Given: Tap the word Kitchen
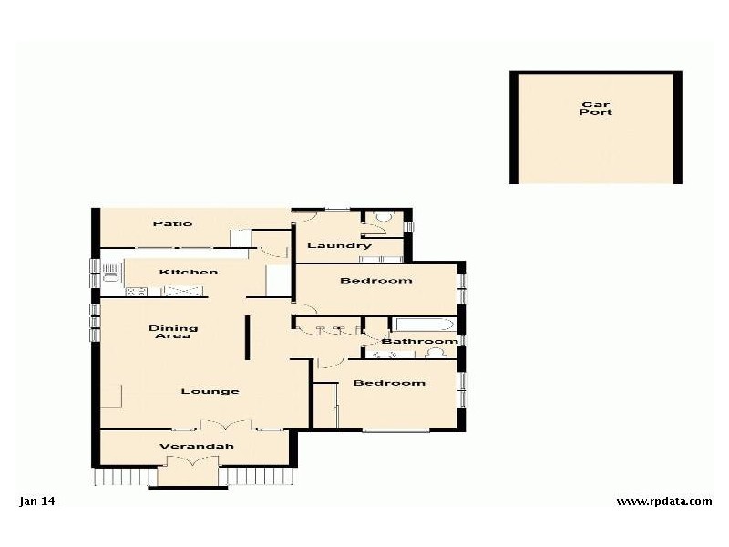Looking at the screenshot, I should tap(189, 272).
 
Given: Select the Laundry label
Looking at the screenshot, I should tap(339, 246).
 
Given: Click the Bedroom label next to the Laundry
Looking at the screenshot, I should tap(375, 281).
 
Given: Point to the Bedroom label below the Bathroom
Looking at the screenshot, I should tap(389, 383).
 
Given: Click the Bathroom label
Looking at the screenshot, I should tap(419, 342).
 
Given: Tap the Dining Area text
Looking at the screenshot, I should tap(173, 333).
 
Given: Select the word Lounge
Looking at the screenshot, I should tap(210, 392).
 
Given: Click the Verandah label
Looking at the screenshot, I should tap(197, 447).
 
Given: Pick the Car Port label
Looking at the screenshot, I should tap(596, 108).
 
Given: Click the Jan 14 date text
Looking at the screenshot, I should tap(37, 501).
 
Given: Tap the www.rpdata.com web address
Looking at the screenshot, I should tap(663, 501).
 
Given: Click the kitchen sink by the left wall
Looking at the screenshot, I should tap(112, 271).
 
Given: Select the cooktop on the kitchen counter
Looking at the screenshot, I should tap(135, 293).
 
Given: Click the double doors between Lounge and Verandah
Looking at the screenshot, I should tap(224, 425).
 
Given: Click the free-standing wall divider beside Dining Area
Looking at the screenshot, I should tap(246, 338).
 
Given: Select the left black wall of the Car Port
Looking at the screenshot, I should tap(514, 128).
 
